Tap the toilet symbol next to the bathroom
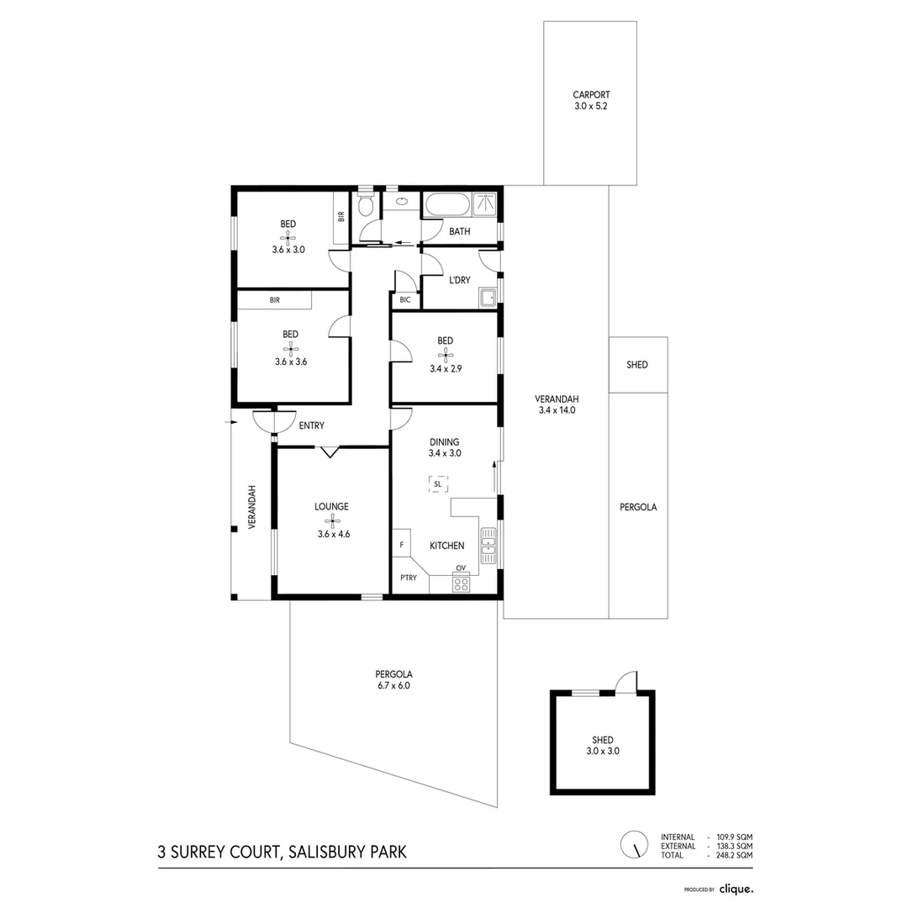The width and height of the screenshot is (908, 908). (365, 206)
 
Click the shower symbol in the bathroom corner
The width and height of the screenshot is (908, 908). (484, 204)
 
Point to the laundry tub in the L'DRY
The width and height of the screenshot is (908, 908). (487, 295)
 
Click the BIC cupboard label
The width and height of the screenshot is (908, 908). (404, 299)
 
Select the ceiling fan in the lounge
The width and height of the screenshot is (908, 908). (332, 520)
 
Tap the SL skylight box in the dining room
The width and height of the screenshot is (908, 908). (437, 483)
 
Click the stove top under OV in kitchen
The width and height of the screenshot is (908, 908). (461, 584)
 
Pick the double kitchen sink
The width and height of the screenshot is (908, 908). (488, 546)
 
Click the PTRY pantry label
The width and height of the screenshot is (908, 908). (409, 578)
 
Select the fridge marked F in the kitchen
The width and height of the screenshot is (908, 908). (402, 545)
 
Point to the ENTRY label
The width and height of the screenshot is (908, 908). (311, 425)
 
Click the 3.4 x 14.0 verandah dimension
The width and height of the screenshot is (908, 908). (556, 410)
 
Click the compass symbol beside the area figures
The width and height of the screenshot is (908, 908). (634, 844)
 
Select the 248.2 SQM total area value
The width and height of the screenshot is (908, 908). (734, 854)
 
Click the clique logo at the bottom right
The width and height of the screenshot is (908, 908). (736, 888)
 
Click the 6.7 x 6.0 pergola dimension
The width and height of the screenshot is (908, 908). (393, 685)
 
